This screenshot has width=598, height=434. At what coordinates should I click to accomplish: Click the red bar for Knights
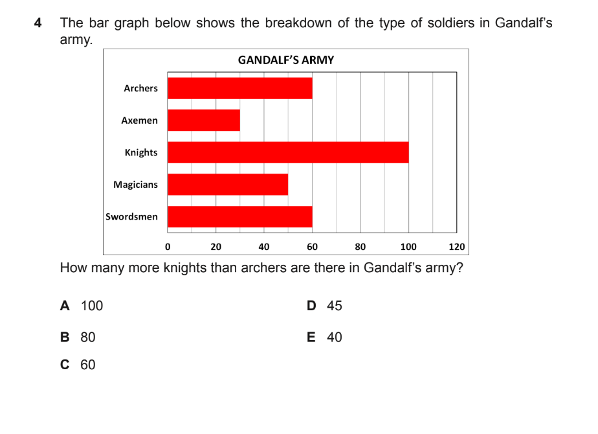288,152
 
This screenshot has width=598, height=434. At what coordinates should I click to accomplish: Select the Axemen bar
204,120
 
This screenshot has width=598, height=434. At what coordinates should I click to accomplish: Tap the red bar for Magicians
228,185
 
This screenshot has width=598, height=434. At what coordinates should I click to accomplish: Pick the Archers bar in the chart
240,88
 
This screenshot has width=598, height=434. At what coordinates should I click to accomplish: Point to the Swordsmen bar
240,216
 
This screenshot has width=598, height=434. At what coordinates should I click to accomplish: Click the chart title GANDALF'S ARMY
286,60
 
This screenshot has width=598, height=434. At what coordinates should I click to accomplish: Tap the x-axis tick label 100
408,247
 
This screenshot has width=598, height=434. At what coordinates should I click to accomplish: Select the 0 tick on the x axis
168,247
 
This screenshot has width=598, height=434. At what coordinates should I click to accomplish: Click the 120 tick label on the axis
457,247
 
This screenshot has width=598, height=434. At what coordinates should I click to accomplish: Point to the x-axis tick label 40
264,247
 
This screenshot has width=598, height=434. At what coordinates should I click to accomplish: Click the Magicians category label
135,185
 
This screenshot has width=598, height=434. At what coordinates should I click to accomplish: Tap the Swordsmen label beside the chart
131,216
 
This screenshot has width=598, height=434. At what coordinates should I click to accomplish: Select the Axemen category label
140,120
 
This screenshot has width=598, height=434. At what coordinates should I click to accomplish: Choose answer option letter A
65,306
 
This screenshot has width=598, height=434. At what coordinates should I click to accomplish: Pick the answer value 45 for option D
335,306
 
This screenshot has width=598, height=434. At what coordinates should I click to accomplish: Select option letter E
311,337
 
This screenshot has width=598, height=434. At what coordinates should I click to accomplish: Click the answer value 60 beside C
88,365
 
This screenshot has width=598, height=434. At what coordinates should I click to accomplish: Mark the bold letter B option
65,337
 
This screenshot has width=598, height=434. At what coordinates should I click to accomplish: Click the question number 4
38,23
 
